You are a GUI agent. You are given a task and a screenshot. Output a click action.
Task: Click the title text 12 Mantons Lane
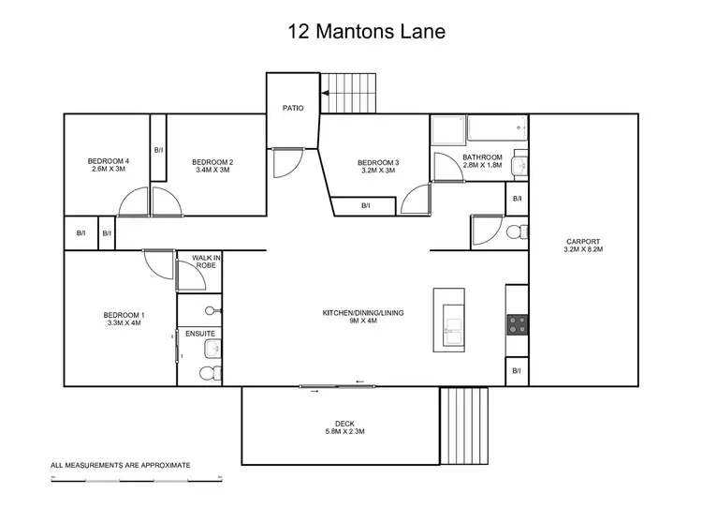coord(366,32)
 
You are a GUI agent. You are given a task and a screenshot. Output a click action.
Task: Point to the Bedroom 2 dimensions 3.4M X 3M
coord(212,171)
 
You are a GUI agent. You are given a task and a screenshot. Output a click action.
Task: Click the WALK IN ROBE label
coord(205,261)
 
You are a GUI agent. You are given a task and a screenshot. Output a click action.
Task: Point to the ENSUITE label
coord(199,334)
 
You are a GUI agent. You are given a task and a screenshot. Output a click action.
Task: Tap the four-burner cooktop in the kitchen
coord(517,324)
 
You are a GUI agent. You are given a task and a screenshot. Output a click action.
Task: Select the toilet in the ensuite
coord(209,373)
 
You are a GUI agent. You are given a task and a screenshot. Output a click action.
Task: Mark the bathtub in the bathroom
coord(496,128)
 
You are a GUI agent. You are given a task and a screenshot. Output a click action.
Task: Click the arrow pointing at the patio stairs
coord(327,93)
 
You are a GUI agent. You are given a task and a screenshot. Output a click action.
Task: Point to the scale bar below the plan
coord(136,478)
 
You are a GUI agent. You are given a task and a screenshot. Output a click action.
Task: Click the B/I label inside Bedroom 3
coord(364,207)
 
